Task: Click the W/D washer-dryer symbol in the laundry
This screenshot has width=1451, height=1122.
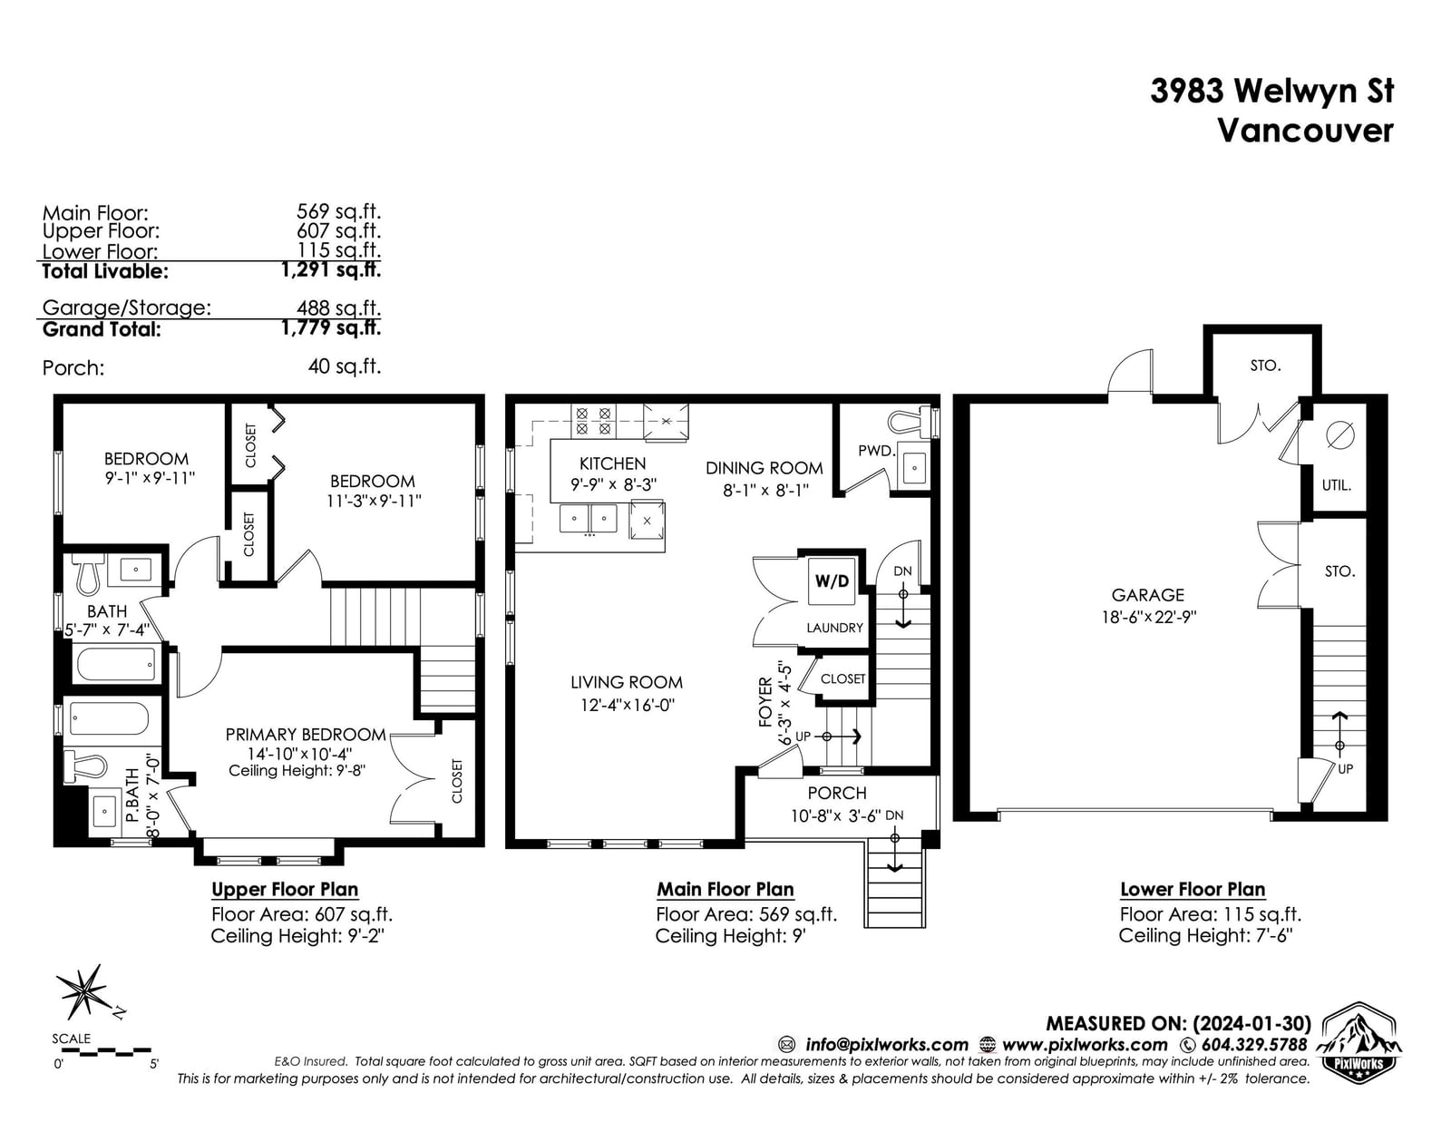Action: tap(832, 581)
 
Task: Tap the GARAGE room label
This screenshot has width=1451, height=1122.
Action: tap(1147, 594)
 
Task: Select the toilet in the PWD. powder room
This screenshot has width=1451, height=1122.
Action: tap(912, 421)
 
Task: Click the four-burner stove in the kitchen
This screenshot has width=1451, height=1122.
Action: tap(593, 421)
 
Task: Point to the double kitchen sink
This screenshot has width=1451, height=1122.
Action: tap(588, 518)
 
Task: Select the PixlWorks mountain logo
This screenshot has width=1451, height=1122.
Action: tap(1359, 1043)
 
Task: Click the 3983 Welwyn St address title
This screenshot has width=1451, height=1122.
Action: tap(1272, 91)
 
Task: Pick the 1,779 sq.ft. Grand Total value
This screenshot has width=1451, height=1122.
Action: tap(331, 328)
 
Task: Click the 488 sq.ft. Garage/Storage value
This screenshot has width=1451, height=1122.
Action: tap(339, 307)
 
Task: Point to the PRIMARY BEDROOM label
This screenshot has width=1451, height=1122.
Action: tap(306, 735)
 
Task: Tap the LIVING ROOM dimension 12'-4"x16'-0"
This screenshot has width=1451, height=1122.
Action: tap(628, 705)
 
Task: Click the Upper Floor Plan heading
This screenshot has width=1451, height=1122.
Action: tap(285, 890)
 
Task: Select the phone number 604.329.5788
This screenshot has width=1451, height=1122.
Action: tap(1254, 1044)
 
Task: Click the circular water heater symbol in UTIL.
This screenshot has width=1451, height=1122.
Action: tap(1339, 436)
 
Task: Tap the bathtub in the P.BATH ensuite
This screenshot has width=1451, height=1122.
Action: tap(110, 718)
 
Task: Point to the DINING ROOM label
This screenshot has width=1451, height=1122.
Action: tap(764, 468)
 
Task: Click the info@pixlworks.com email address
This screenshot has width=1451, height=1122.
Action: tap(887, 1045)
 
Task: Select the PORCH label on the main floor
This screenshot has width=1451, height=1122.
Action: tap(837, 793)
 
